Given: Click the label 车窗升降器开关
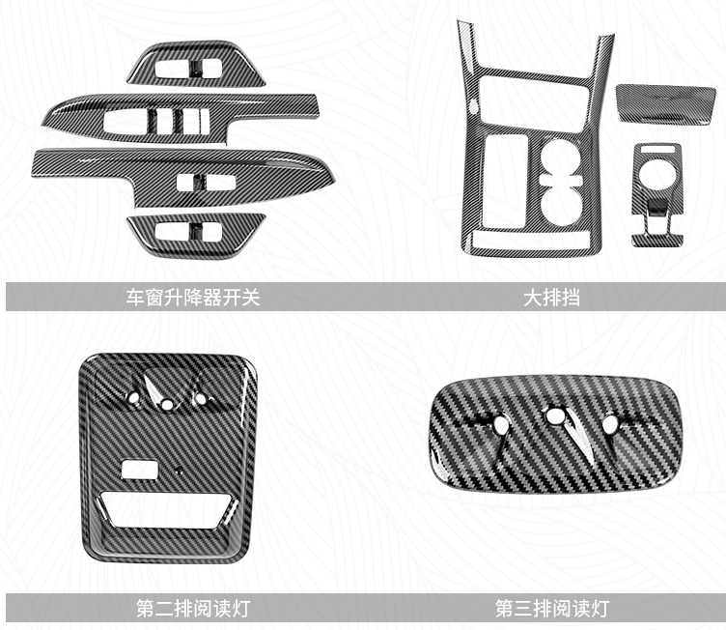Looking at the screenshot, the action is (x=193, y=298).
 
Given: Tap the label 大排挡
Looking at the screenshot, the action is (x=551, y=298).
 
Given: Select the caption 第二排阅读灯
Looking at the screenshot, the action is (x=193, y=608).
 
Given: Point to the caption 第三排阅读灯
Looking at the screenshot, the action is (x=552, y=608).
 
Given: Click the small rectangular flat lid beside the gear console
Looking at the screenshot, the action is (x=666, y=103).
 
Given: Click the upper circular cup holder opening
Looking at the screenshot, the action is (x=560, y=158).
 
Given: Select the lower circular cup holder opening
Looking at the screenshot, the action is (x=561, y=205).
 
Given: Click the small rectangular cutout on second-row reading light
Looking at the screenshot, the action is (x=139, y=469).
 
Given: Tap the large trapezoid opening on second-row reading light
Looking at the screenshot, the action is (x=168, y=510).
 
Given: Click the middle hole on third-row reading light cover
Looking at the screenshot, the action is (x=553, y=416).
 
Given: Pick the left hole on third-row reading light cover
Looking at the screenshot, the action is (x=500, y=422).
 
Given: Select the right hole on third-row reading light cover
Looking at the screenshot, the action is (x=610, y=422).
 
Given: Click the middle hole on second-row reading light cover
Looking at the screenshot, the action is (x=167, y=404).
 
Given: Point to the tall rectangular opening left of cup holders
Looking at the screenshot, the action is (x=506, y=181).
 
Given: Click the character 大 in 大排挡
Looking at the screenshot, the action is (x=533, y=298).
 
